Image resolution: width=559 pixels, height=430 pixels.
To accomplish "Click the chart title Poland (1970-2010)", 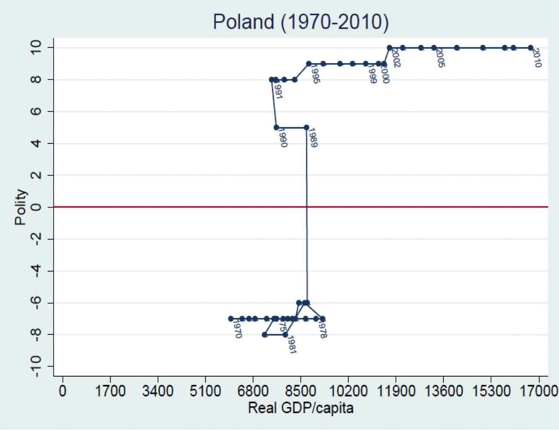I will tap(300, 22).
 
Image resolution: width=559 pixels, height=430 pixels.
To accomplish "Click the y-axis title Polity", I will tap(20, 207).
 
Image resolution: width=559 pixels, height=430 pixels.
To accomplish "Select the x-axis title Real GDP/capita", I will tap(301, 408).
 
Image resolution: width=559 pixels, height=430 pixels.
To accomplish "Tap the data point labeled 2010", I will tap(531, 48).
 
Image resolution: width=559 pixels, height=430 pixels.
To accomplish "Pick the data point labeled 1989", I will tap(306, 127).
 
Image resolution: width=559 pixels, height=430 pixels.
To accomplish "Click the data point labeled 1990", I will tap(276, 127).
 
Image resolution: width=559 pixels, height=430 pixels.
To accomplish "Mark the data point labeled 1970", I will tap(231, 319).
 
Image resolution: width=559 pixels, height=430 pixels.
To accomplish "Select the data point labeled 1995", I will tap(309, 64).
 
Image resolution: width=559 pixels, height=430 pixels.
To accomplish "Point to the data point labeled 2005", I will tap(434, 48).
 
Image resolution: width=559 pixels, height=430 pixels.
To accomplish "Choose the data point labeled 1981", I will tap(285, 334).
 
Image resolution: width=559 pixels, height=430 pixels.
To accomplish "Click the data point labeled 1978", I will tap(323, 319).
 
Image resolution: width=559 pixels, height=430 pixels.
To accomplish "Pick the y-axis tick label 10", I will tap(36, 47).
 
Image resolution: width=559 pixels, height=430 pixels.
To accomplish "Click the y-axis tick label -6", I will tap(36, 303).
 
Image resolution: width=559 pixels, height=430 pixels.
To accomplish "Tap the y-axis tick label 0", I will tap(36, 207).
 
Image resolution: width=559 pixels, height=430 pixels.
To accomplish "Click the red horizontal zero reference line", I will tap(172, 207).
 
